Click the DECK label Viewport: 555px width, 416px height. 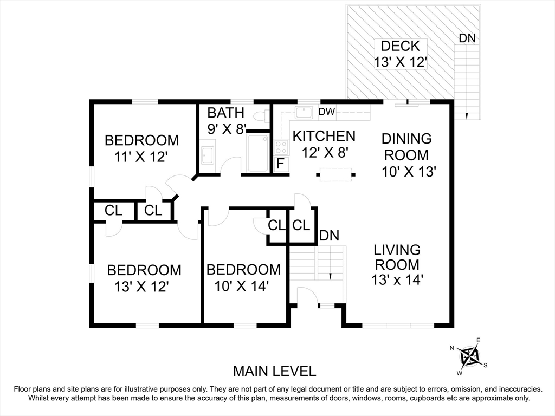pyautogui.click(x=401, y=46)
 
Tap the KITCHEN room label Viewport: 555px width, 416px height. pyautogui.click(x=324, y=136)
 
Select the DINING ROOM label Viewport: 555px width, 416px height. pyautogui.click(x=406, y=147)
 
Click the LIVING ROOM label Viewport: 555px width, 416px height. pyautogui.click(x=397, y=257)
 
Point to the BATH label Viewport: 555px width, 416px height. pyautogui.click(x=226, y=113)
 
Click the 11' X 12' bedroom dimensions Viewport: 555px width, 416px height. pyautogui.click(x=140, y=157)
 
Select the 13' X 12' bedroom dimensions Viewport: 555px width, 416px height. pyautogui.click(x=141, y=287)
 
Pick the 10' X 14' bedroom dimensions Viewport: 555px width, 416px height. pyautogui.click(x=241, y=286)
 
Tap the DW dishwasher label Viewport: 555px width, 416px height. pyautogui.click(x=327, y=112)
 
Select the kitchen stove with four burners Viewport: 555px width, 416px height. pyautogui.click(x=281, y=147)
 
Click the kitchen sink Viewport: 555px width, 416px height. pyautogui.click(x=304, y=113)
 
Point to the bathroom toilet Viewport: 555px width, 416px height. pyautogui.click(x=261, y=115)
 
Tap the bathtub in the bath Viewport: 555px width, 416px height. pyautogui.click(x=257, y=153)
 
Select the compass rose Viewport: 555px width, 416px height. pyautogui.click(x=468, y=356)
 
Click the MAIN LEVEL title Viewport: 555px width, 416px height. pyautogui.click(x=274, y=371)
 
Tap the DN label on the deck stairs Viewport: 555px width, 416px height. pyautogui.click(x=467, y=38)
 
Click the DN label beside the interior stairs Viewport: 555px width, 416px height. pyautogui.click(x=329, y=236)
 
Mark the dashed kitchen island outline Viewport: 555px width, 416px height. pyautogui.click(x=336, y=174)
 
